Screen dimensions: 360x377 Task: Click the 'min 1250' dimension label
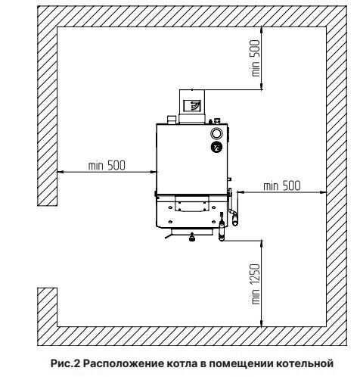point(256,284)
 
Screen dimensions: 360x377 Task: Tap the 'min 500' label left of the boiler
point(107,166)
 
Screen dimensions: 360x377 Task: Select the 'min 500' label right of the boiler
point(282,186)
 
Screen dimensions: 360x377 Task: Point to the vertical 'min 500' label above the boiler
point(256,58)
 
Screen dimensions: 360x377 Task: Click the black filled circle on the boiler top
point(216,148)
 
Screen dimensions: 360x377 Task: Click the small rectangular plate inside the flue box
point(192,105)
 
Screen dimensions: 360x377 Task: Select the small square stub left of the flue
point(172,120)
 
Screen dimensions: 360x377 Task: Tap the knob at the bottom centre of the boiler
point(192,238)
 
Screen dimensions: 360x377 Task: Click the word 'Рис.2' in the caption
point(65,363)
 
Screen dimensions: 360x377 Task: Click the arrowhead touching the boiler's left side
point(154,172)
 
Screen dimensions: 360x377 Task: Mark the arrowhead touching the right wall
point(323,192)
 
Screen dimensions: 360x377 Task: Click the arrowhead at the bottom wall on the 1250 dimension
point(262,323)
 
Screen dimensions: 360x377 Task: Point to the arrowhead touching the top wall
point(262,30)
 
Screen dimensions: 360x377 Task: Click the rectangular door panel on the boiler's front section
point(192,204)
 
